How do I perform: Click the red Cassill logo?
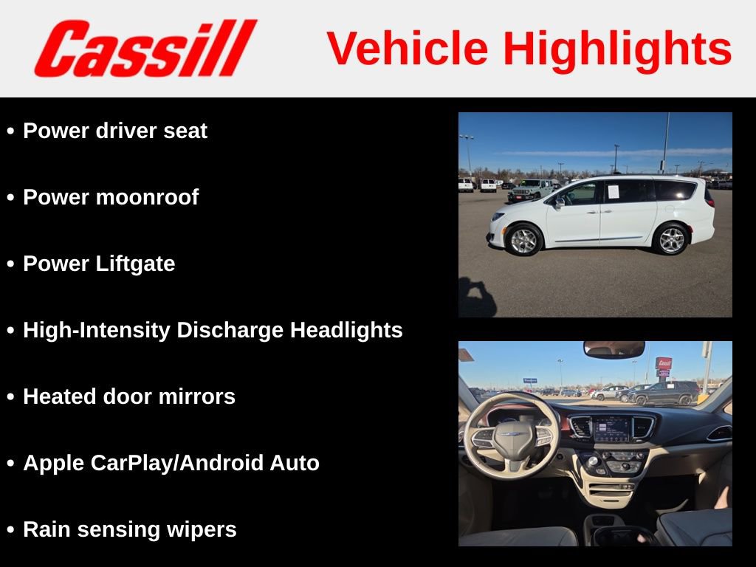[x=145, y=49]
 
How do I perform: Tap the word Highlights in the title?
[x=617, y=49]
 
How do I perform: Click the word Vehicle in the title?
[x=408, y=49]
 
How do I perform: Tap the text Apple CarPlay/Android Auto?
[x=171, y=463]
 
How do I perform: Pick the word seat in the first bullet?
[x=188, y=131]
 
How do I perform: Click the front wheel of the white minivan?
[x=525, y=239]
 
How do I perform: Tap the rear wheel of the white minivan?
[x=671, y=239]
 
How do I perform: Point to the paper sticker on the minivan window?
[x=613, y=192]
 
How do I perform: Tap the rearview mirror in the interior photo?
[x=614, y=350]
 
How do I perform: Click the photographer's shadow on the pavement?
[x=477, y=298]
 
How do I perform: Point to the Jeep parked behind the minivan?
[x=529, y=190]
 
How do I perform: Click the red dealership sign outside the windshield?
[x=664, y=364]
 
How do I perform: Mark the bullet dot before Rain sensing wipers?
[x=10, y=530]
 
